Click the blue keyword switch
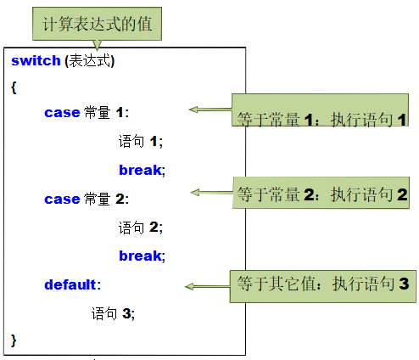tap(36, 60)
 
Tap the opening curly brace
tap(14, 87)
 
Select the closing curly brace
tap(14, 340)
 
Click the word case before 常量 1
tap(62, 113)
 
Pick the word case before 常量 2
tap(62, 200)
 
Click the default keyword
tap(70, 284)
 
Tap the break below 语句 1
tap(140, 170)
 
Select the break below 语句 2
tap(140, 256)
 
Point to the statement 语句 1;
tap(141, 141)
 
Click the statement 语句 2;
tap(141, 228)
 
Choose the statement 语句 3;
tap(113, 313)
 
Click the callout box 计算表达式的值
tap(97, 24)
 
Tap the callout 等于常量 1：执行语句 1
tap(320, 110)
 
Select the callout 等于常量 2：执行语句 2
tap(321, 193)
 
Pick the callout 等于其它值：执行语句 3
tap(323, 286)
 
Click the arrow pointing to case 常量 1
tap(210, 110)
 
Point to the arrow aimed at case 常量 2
tap(212, 193)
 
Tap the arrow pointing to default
tap(208, 287)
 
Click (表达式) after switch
tap(89, 61)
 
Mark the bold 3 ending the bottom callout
tap(404, 284)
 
